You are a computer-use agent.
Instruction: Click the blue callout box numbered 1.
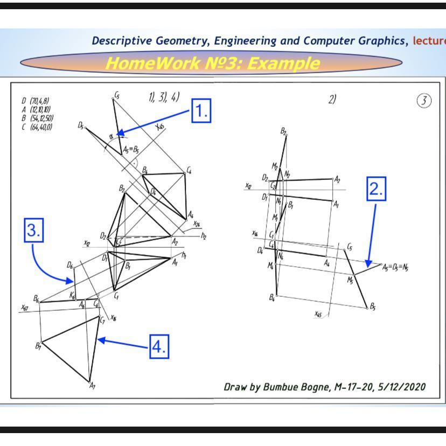[x=200, y=111]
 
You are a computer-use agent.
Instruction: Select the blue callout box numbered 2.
[x=376, y=190]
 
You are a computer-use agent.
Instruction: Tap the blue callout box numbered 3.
[x=33, y=232]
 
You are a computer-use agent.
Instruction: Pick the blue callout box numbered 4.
[x=158, y=347]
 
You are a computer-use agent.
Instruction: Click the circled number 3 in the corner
[x=424, y=101]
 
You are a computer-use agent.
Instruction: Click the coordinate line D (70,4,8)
[x=36, y=101]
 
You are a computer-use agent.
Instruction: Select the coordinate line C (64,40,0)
[x=37, y=128]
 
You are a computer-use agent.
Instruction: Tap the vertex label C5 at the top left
[x=116, y=96]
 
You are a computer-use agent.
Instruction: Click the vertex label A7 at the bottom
[x=93, y=385]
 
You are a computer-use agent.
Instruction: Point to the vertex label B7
[x=38, y=346]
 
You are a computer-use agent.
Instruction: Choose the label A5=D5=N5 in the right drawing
[x=395, y=267]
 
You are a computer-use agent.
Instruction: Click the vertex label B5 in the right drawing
[x=373, y=307]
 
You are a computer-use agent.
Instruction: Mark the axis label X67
[x=25, y=307]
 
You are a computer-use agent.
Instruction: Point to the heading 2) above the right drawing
[x=332, y=99]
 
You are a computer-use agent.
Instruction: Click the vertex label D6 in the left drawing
[x=69, y=265]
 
